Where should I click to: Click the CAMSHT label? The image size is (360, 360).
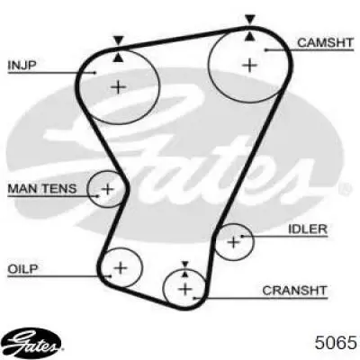pos(325,42)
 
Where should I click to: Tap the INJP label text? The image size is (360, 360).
pos(22,65)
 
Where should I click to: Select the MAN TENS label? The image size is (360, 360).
pos(42,189)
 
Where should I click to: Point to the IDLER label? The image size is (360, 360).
pos(308,229)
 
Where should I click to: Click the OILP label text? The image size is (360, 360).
pos(22,268)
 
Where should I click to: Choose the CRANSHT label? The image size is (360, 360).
pos(294,291)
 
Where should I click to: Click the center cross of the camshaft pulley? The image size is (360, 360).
pos(249,65)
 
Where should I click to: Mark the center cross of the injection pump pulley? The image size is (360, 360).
pos(119,87)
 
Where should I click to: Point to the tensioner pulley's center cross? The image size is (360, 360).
pos(107,189)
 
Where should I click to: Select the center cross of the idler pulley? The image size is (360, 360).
pos(233,242)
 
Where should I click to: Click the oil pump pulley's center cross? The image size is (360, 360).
pos(121,267)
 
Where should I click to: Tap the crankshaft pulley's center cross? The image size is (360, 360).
pos(185,289)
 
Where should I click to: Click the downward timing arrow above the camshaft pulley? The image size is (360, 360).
pos(250,20)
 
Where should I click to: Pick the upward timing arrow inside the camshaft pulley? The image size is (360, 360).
pos(250,36)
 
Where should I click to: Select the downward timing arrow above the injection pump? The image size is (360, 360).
pos(119,40)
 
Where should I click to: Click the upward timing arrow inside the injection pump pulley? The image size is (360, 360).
pos(119,58)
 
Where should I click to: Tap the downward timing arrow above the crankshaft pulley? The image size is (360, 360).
pos(185,264)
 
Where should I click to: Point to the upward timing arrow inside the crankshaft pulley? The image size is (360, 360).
pos(185,274)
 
